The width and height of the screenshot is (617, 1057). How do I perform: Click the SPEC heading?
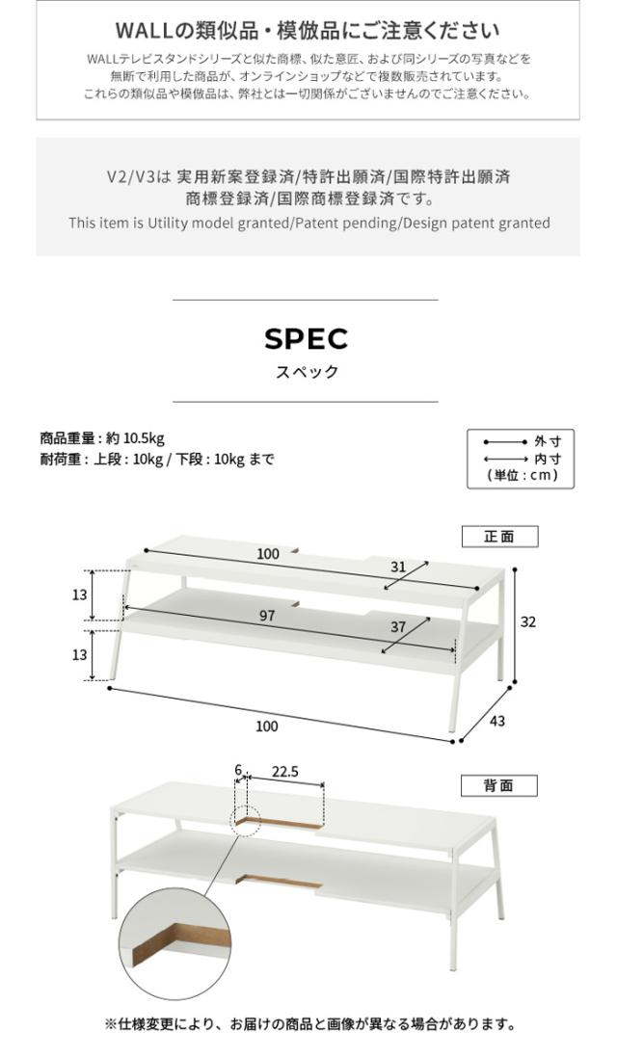[306, 339]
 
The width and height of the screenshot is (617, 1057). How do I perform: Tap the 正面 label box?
[499, 537]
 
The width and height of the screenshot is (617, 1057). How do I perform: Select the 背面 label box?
[499, 786]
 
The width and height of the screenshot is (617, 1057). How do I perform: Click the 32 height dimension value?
[527, 621]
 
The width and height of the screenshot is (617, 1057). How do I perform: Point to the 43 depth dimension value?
[496, 722]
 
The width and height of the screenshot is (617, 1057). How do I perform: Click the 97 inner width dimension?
[267, 616]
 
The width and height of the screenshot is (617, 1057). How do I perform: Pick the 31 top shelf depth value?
[398, 567]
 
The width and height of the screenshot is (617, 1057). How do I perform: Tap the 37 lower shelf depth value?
[398, 627]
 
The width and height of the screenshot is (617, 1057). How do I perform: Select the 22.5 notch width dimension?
[285, 772]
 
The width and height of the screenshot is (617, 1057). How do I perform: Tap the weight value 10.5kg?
[144, 438]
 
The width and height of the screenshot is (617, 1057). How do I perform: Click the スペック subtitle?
[307, 372]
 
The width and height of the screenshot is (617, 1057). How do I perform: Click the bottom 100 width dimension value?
[267, 726]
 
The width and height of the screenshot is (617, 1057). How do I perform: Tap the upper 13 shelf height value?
[80, 595]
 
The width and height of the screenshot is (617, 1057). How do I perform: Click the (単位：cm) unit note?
[523, 475]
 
